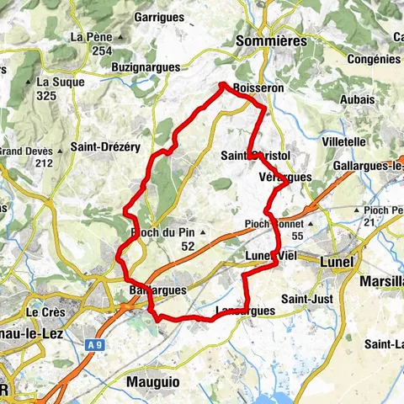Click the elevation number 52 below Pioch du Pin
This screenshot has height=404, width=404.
pos(187,246)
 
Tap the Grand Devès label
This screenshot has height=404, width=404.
pos(27,151)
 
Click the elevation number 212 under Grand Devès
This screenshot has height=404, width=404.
pos(44,163)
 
